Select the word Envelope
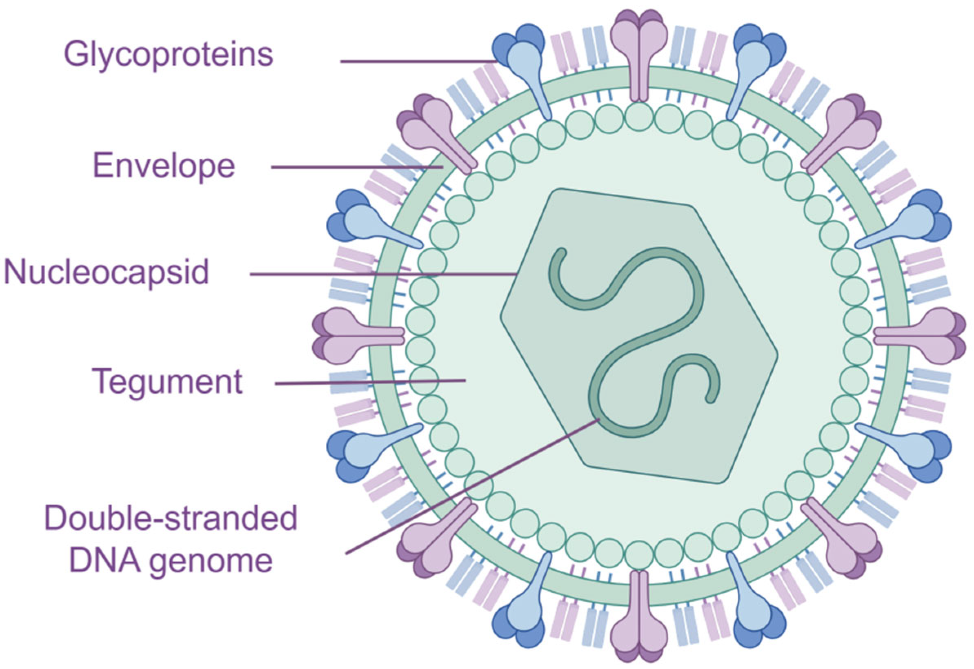pyautogui.click(x=164, y=166)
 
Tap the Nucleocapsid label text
pyautogui.click(x=106, y=273)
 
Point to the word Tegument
pyautogui.click(x=167, y=382)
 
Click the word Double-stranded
pyautogui.click(x=171, y=518)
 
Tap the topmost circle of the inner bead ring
pyautogui.click(x=638, y=116)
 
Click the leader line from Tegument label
pyautogui.click(x=369, y=382)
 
